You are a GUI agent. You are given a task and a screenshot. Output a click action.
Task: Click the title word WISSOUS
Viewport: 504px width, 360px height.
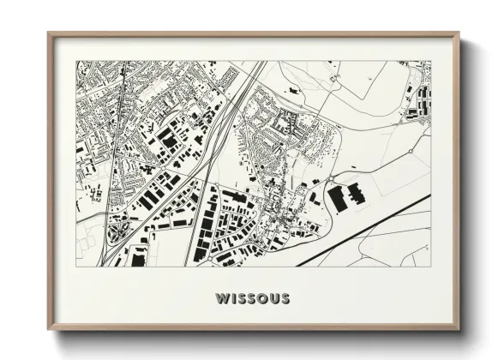(253, 299)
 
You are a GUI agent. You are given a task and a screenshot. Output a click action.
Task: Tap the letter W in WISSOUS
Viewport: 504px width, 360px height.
(223, 299)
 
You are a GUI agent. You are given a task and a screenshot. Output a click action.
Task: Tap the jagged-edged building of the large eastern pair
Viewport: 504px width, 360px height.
(355, 193)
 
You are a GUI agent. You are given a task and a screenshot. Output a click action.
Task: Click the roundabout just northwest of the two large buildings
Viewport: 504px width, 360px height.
(328, 180)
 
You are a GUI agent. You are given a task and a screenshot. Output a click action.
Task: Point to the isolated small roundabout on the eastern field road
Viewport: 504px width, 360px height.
(410, 151)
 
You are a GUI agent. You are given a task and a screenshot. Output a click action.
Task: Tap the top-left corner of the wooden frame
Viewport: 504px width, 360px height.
(49, 35)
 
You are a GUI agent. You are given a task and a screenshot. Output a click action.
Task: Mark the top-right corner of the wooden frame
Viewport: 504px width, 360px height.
(459, 35)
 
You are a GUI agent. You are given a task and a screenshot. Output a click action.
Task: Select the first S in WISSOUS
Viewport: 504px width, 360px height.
(241, 299)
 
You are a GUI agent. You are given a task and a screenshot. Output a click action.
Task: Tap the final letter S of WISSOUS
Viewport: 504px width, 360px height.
(284, 299)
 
